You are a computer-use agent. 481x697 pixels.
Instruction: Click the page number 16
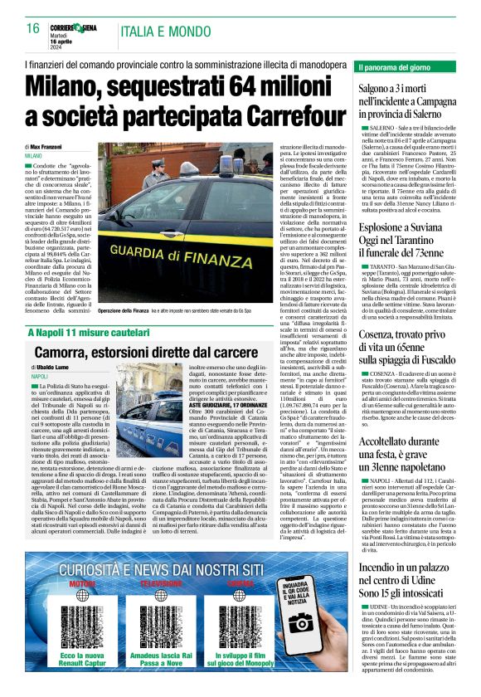click(x=33, y=28)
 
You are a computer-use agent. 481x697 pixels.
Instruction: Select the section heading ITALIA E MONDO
click(x=154, y=32)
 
